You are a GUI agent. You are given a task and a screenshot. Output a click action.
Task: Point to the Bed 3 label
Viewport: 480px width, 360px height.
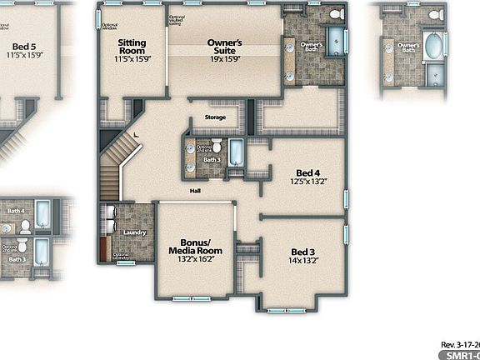point(302,252)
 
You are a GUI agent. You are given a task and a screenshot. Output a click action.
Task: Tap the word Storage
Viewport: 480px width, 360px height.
point(215,117)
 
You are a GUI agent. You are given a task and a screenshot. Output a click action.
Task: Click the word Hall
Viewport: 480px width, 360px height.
point(195,191)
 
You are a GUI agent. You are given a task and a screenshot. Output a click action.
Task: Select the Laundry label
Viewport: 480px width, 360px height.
point(135,232)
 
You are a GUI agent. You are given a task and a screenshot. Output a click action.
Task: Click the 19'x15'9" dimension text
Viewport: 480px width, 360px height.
point(224,59)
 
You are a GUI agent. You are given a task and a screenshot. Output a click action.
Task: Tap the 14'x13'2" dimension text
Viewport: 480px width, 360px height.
point(302,261)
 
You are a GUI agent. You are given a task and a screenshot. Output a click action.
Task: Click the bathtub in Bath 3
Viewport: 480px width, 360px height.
point(236,152)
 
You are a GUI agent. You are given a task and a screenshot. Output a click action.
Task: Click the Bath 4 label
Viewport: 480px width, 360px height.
point(16,212)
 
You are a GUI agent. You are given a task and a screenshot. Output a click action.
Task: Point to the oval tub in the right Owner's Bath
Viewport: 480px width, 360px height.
point(434,46)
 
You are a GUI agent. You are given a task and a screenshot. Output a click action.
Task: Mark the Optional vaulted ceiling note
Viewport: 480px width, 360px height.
point(177,19)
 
